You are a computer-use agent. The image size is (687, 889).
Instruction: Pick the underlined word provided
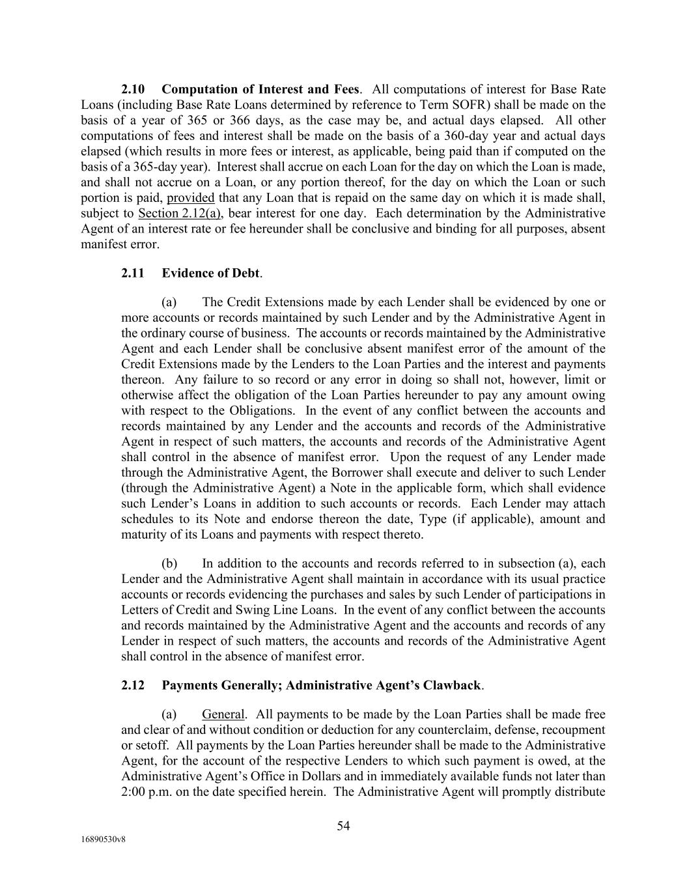[191, 198]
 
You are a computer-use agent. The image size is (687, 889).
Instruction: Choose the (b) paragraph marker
[169, 563]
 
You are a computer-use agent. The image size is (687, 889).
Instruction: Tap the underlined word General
[223, 714]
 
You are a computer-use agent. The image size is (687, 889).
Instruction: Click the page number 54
[343, 826]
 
